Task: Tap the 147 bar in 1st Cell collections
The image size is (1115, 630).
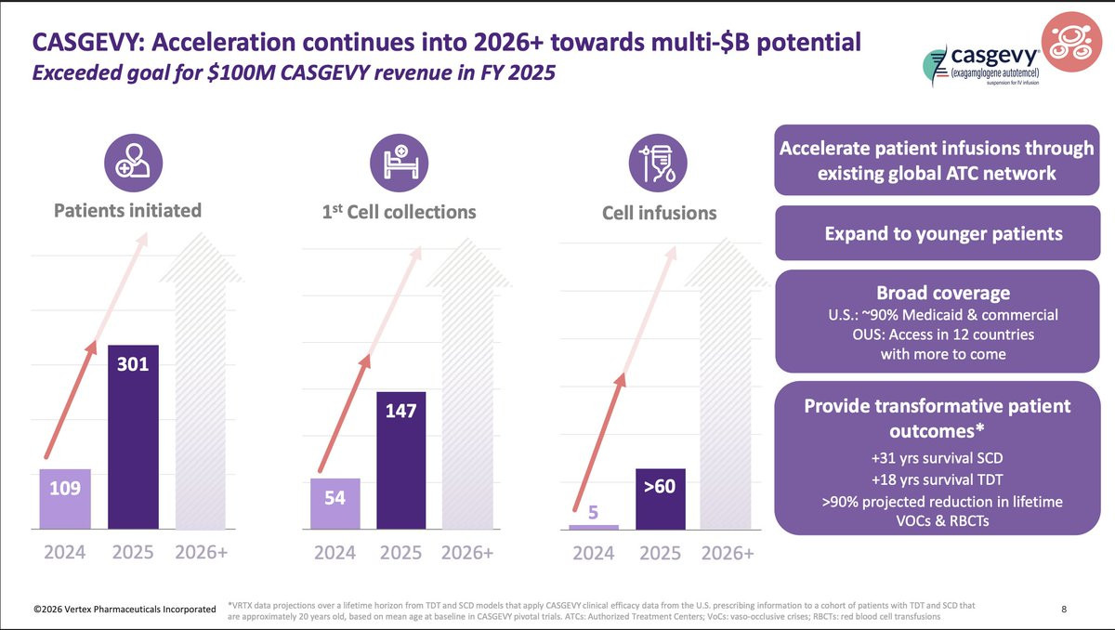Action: (x=400, y=460)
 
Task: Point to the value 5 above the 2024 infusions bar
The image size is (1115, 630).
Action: (x=593, y=510)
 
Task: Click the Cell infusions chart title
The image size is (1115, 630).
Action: (x=659, y=213)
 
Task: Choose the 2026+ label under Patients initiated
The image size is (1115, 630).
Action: (x=202, y=552)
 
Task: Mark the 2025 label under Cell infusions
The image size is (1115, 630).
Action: (x=661, y=553)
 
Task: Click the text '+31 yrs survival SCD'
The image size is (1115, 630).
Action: (x=937, y=457)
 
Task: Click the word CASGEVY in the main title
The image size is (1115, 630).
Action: (x=89, y=42)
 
